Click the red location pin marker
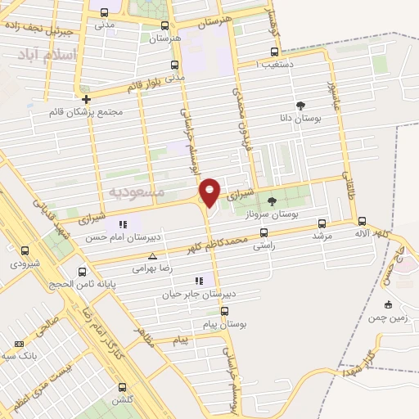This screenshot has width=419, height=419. (210, 191)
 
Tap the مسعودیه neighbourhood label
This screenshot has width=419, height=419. (137, 191)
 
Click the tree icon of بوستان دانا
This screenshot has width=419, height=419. (300, 106)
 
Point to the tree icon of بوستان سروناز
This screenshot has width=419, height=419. (272, 200)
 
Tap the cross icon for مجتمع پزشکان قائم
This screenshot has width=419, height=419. (86, 99)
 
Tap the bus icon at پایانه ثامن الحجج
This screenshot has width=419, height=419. (82, 271)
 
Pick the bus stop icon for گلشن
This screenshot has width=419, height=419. (123, 387)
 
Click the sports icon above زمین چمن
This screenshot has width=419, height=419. (388, 304)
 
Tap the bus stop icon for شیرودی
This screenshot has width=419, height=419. (24, 250)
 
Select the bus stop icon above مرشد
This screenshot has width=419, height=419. (321, 223)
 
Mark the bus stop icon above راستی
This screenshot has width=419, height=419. (263, 232)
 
